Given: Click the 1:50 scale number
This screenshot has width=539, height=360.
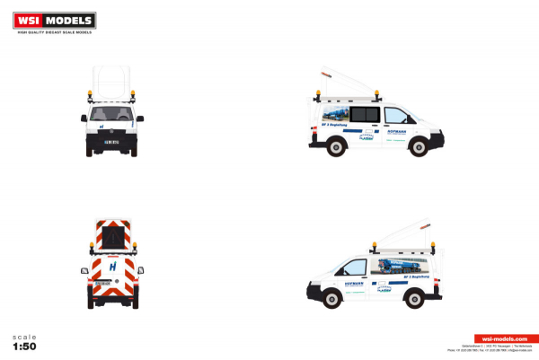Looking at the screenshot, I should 25,345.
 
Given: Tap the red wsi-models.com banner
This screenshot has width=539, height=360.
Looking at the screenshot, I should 493,338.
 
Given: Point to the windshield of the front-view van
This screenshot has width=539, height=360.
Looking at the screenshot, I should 113,115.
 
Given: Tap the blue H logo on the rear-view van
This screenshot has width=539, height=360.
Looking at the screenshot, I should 113,267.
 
